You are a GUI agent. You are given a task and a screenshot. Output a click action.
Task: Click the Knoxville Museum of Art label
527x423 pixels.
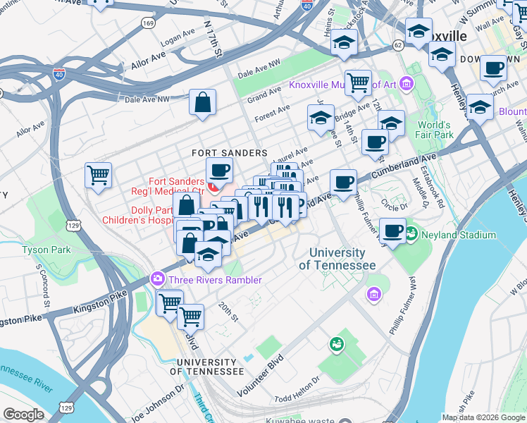pyautogui.click(x=343, y=87)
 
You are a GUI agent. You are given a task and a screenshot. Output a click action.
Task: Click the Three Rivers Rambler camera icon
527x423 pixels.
pyautogui.click(x=157, y=280)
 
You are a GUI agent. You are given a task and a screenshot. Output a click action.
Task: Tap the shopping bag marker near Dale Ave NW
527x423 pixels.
pyautogui.click(x=203, y=103)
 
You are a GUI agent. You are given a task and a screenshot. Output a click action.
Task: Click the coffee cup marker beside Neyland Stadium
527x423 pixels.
pyautogui.click(x=392, y=231)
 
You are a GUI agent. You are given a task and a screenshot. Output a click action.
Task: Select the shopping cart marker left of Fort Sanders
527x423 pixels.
pyautogui.click(x=98, y=174)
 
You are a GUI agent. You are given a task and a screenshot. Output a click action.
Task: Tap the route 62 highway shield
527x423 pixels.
pyautogui.click(x=398, y=46)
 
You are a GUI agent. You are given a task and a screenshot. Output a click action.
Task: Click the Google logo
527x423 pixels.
pyautogui.click(x=24, y=414)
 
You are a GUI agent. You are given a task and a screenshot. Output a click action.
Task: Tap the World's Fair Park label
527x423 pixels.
pyautogui.click(x=434, y=130)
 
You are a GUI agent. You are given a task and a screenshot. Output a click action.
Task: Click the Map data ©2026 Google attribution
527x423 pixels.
pyautogui.click(x=483, y=417)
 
